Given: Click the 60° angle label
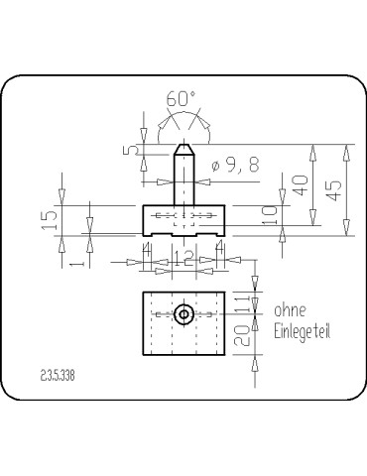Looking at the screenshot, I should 182,100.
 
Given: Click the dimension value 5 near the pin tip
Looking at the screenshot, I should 131,151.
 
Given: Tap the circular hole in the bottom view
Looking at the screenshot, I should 183,315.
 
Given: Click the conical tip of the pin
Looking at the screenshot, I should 183,152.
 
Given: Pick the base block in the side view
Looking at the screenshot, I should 183,220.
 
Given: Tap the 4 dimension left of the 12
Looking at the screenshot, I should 148,255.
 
